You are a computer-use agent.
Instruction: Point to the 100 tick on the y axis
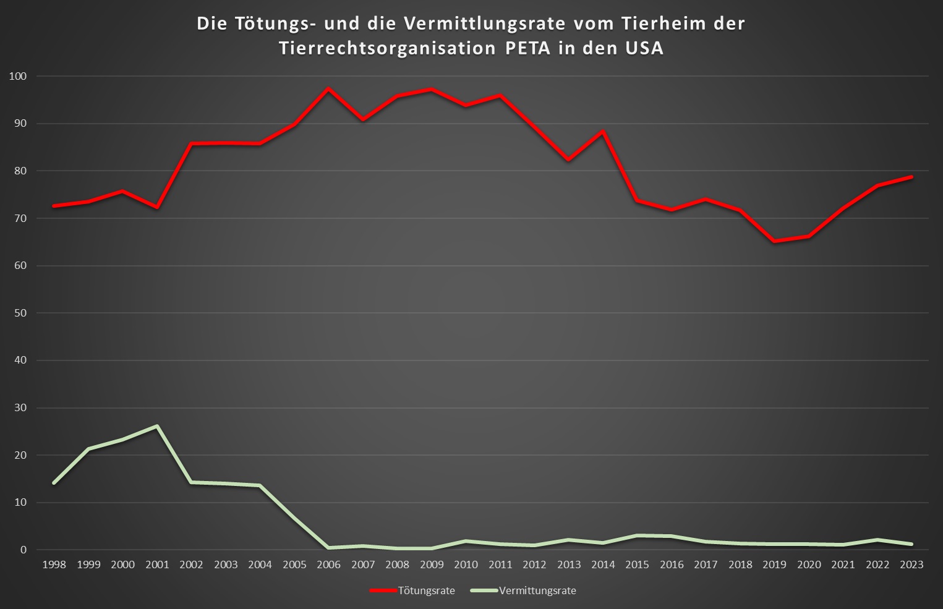coord(19,76)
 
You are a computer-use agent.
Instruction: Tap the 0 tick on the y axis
coord(23,550)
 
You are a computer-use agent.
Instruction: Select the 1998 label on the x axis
coord(54,564)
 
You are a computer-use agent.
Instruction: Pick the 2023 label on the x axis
coord(911,564)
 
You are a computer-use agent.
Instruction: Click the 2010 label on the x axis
coord(466,564)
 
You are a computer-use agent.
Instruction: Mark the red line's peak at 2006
coord(328,88)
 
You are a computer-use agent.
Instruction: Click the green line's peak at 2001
coord(157,426)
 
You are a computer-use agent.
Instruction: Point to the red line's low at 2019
coord(774,241)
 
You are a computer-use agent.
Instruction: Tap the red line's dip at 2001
coord(157,207)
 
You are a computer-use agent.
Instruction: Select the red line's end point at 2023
coord(911,177)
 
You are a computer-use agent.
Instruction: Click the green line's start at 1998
coord(54,483)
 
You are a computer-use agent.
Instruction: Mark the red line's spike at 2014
coord(603,131)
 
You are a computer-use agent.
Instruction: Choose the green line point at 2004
coord(260,485)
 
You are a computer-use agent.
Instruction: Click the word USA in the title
coord(644,48)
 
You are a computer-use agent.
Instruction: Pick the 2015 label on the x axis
coord(637,564)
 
